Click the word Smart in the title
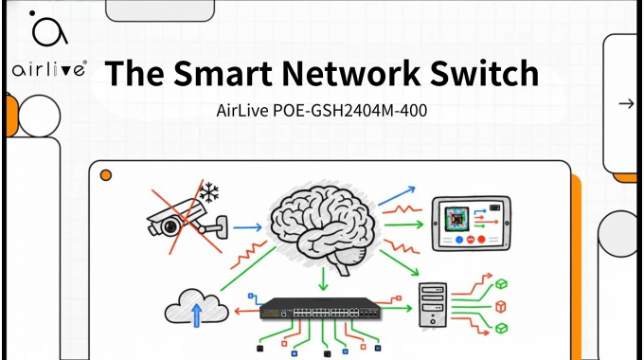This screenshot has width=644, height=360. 235,72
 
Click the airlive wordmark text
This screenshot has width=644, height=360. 49,69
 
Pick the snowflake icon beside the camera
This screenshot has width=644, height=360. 209,193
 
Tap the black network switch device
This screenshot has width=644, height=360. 319,309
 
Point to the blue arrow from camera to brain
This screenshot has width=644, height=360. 246,227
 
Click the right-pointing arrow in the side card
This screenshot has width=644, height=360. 625,103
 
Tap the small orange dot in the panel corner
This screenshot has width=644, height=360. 106,174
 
